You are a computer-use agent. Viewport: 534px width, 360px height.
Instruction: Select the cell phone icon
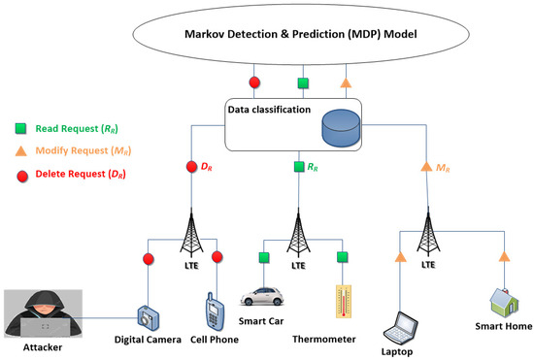click(x=216, y=310)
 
